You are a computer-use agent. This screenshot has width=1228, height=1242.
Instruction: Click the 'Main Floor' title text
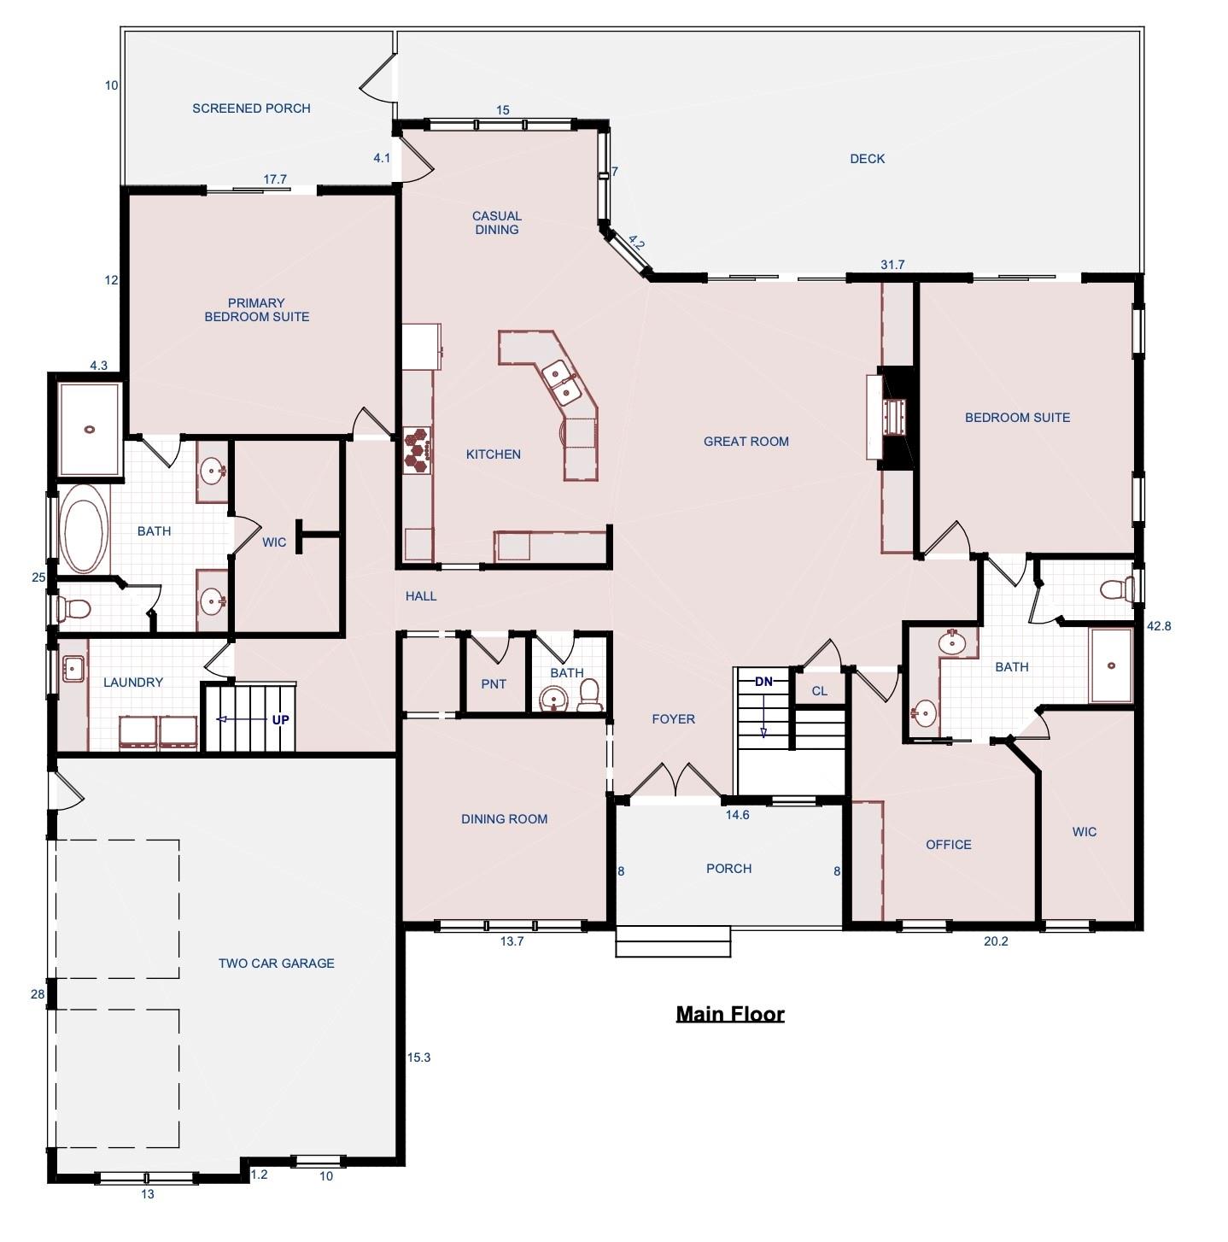(x=729, y=1013)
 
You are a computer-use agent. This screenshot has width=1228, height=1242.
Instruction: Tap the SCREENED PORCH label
(x=251, y=108)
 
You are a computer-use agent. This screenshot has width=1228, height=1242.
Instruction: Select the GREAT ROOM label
(x=746, y=442)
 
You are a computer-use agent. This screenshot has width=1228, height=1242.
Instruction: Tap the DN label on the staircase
(x=763, y=682)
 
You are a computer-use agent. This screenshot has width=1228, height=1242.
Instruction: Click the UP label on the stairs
(x=280, y=720)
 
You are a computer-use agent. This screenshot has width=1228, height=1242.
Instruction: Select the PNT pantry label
(x=494, y=683)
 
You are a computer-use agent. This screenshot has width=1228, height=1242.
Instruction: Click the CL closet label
(x=819, y=691)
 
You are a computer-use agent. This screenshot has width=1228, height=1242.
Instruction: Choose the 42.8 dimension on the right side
(x=1158, y=626)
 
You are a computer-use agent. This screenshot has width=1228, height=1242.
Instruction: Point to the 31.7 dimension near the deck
(x=892, y=265)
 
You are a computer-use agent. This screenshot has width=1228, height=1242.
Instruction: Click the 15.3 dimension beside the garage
(x=418, y=1057)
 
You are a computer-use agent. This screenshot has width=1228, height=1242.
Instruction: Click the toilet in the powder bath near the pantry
(x=589, y=698)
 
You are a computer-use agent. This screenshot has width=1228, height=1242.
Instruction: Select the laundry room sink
(x=73, y=669)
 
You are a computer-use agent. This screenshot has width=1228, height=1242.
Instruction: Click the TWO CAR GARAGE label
(x=276, y=964)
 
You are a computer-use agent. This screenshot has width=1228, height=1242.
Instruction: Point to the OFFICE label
(x=948, y=845)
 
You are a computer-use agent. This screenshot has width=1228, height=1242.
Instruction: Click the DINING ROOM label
(x=504, y=819)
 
